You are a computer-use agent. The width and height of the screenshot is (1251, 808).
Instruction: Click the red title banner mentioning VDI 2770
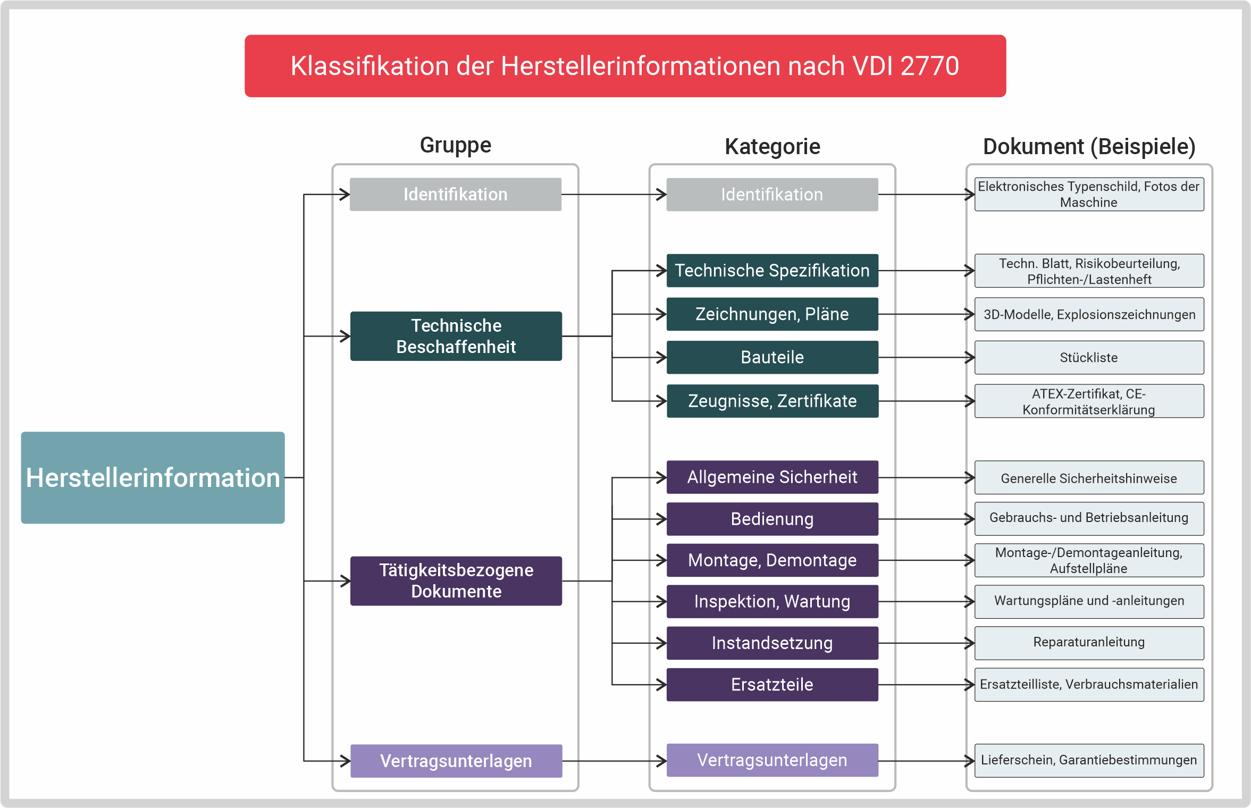pos(625,66)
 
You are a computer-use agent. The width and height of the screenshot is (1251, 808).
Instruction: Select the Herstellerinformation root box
pos(153,477)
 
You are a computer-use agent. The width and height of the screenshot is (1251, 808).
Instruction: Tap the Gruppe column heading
pos(455,145)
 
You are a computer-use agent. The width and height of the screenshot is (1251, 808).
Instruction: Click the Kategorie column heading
pos(772,147)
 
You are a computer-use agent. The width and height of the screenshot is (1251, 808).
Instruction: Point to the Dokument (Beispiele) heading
pos(1089,147)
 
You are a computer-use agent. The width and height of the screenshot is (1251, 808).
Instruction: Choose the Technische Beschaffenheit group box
pos(456,336)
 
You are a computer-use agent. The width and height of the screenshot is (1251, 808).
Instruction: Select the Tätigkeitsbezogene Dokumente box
pos(456,580)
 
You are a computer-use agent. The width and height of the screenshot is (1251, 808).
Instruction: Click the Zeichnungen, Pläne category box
pos(772,314)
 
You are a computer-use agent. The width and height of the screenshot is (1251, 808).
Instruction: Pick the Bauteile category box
pos(772,357)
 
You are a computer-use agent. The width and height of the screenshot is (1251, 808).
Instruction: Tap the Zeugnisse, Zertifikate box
pos(772,401)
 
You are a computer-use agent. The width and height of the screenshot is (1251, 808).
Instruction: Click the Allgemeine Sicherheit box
pos(772,477)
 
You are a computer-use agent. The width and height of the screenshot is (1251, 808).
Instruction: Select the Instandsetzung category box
pos(772,643)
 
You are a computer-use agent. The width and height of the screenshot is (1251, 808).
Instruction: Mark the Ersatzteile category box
pos(772,684)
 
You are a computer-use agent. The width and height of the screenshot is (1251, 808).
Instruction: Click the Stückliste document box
pos(1089,357)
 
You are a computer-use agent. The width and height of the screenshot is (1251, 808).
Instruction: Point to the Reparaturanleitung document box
pos(1089,642)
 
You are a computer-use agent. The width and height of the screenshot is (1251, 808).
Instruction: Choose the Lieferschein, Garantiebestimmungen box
pos(1089,760)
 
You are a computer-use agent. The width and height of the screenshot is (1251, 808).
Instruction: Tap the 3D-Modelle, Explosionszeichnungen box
pos(1089,314)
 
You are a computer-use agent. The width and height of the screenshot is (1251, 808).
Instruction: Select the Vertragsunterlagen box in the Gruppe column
pos(456,761)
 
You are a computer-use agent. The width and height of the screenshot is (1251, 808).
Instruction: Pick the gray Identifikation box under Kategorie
pos(772,195)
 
